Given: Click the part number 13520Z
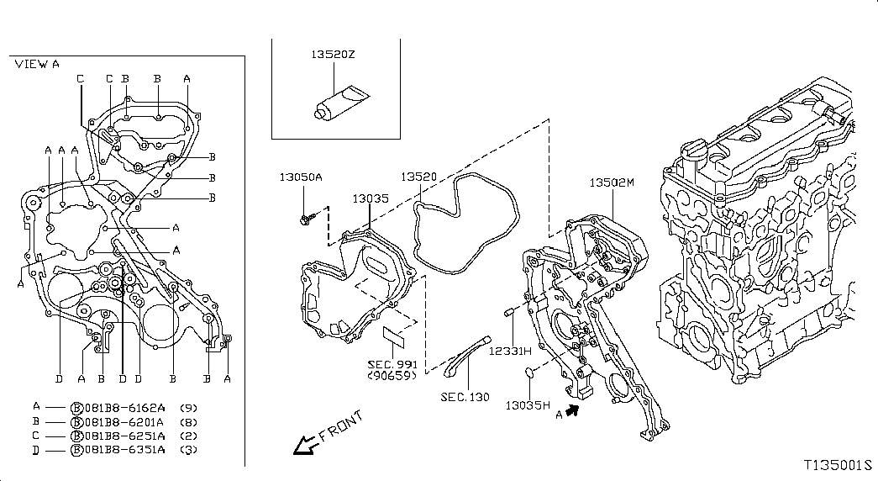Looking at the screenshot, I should [333, 54].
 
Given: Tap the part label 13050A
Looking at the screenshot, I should [301, 177].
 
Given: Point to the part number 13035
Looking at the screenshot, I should [370, 198].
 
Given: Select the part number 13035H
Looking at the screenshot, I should [528, 404].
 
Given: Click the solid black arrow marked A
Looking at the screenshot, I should [574, 410].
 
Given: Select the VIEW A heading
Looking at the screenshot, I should [37, 64].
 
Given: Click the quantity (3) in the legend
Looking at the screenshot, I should [189, 451].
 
